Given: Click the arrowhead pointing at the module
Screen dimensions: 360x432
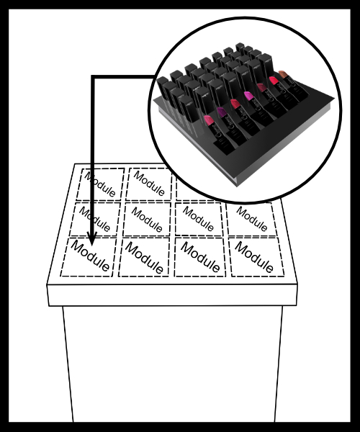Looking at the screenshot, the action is [92, 239].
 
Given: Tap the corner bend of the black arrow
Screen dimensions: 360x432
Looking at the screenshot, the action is [93, 77].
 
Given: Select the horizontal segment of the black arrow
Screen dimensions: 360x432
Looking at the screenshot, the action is [124, 77].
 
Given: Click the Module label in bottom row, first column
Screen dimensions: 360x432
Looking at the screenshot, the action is [90, 256].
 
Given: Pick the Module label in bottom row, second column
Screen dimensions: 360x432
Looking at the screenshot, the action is [144, 258].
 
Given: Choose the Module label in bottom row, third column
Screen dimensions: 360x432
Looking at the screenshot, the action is [200, 257].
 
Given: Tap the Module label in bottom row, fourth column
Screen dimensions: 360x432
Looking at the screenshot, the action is [254, 257].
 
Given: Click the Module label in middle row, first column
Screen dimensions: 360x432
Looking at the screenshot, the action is [95, 220].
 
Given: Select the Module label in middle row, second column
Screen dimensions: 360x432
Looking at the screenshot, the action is [147, 220].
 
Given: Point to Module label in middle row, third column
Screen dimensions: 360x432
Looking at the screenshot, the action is [198, 219].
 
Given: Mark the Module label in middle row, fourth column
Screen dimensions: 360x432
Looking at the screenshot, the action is [252, 219].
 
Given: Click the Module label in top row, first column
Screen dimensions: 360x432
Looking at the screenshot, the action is [99, 184].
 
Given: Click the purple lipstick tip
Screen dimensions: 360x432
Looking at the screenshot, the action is [221, 112].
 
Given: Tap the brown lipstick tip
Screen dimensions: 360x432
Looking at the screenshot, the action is [283, 74].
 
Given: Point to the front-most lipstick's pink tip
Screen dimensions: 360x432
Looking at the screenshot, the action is [208, 120].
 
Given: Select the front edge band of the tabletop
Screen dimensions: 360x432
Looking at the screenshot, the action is [172, 294].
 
